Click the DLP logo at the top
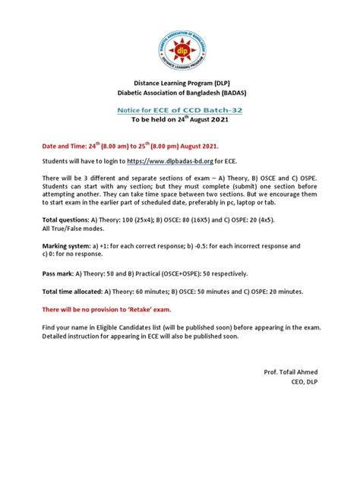(180, 49)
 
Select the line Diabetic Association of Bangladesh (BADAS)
(180, 93)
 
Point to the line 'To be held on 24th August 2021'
(180, 119)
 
